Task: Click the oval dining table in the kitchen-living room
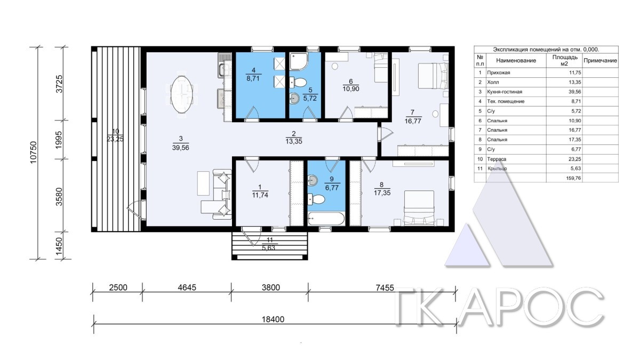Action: pos(181,94)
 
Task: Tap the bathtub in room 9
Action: pos(326,219)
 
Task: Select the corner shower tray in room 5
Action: pos(299,61)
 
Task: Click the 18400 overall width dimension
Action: pos(273,319)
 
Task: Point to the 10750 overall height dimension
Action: pos(34,153)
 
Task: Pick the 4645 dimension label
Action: pos(187,287)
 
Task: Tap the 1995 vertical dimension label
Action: pos(59,140)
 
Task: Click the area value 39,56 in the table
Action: pos(575,92)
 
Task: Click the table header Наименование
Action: pos(516,60)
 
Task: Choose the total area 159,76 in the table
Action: pos(573,178)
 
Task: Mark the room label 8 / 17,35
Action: pos(382,189)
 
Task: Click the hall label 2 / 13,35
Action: pos(294,138)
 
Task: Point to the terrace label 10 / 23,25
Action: pos(115,135)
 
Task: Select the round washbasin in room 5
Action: pos(294,99)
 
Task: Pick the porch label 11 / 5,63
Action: pos(269,244)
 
